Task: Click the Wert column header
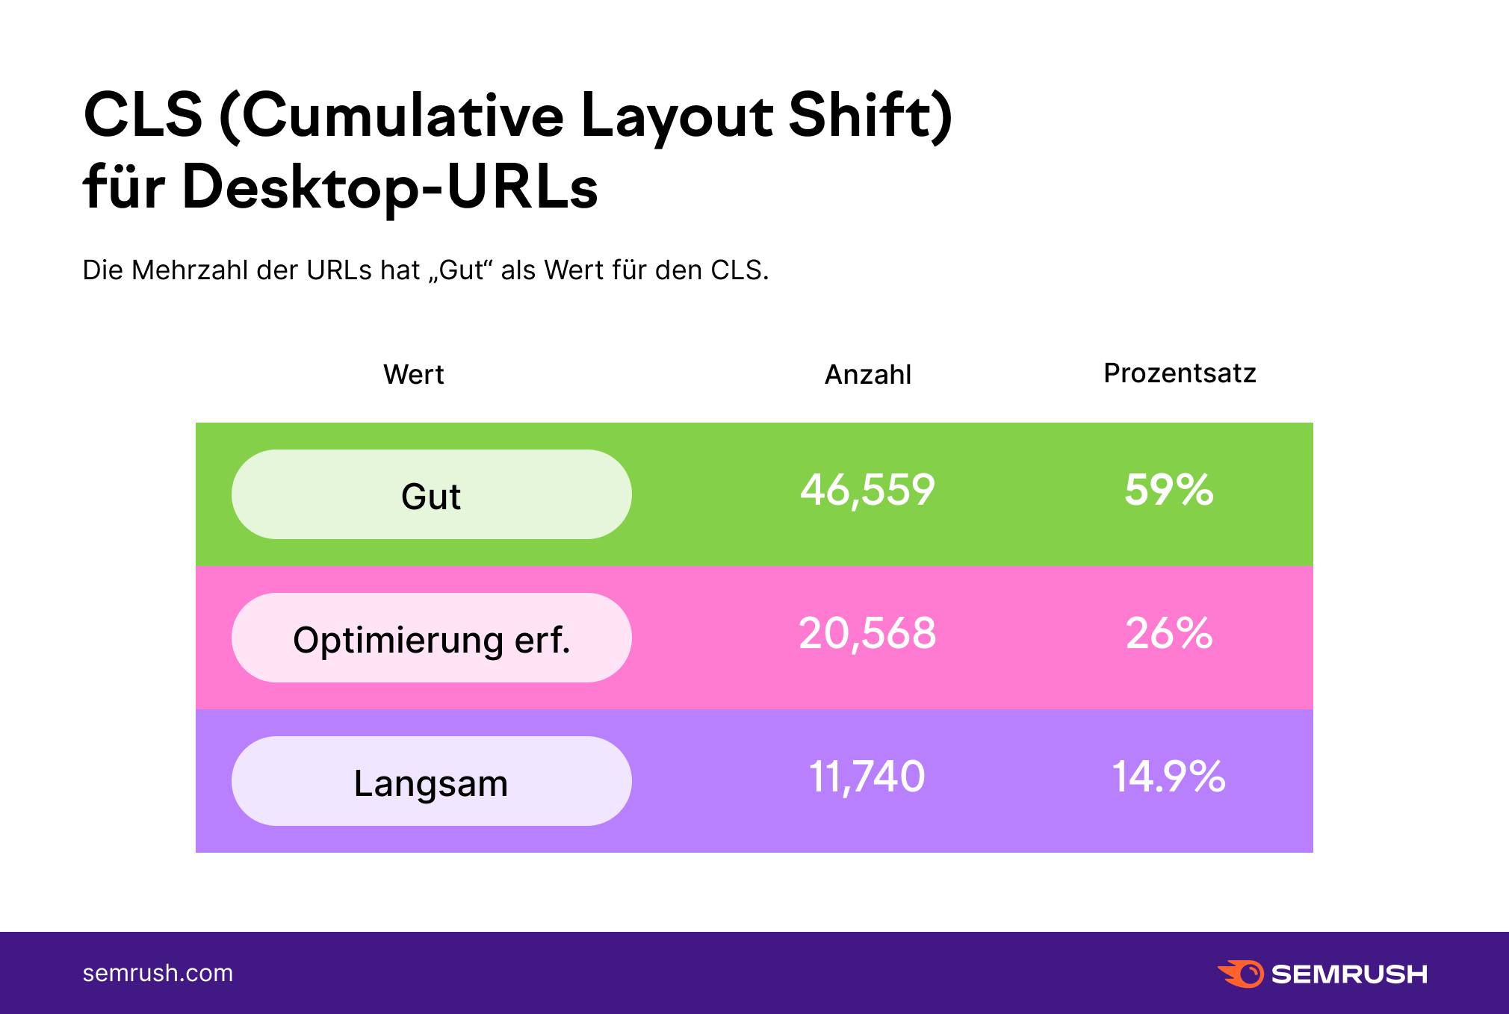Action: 414,374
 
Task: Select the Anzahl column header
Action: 868,374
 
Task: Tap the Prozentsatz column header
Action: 1180,373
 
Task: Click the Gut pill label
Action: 431,496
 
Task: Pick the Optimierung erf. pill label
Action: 431,639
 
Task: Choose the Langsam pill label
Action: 431,783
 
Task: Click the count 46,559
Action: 867,491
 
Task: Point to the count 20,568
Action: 867,633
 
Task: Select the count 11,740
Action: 867,777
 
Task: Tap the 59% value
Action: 1169,490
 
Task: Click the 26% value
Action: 1169,633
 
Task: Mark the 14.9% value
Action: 1169,777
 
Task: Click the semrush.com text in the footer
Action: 158,973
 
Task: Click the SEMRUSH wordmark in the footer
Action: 1349,974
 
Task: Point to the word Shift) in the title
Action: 870,116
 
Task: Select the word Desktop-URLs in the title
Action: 389,186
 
